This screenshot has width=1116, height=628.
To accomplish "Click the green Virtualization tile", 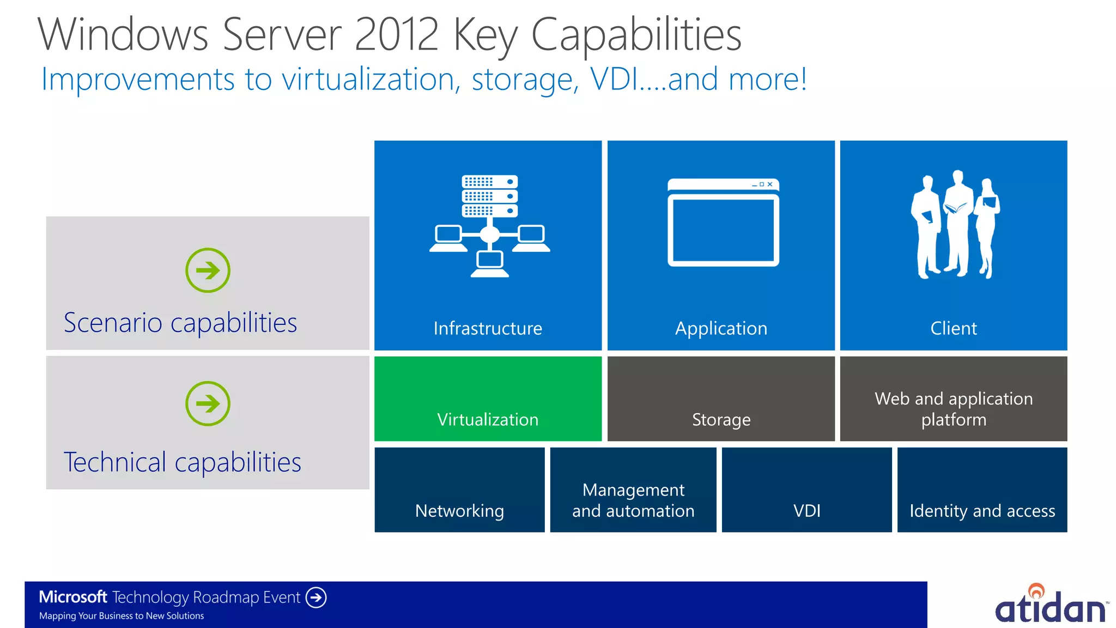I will pos(488,399).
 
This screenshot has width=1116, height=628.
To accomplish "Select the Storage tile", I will pos(720,399).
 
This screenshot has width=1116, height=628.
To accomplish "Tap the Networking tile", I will pos(459,490).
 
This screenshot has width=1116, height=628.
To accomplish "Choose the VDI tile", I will pos(806,490).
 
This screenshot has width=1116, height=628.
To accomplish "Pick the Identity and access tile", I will pos(982,490).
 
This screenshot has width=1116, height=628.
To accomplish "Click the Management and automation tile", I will pos(633,490).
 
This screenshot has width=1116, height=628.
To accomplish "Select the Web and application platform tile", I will pos(953,399).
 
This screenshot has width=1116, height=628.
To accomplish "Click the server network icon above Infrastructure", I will pos(489,226).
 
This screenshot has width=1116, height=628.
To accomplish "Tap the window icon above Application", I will pos(723,222).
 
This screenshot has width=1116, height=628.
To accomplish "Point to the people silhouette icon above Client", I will pos(955,225).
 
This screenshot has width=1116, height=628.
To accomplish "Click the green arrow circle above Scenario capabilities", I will pos(208,270).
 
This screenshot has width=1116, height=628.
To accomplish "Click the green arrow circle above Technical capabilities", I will pos(208,403).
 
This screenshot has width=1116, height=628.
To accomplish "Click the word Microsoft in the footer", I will pos(73,597).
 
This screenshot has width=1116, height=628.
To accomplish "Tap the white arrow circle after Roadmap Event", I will pos(316,597).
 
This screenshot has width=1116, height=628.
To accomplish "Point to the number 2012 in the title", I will pos(396,35).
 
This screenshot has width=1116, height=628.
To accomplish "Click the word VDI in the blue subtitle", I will pos(614,80).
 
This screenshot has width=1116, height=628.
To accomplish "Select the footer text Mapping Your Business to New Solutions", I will pos(122,616).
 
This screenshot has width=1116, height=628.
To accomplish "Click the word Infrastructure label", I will pos(488,328).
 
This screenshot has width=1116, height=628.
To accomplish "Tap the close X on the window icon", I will pos(770,184).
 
